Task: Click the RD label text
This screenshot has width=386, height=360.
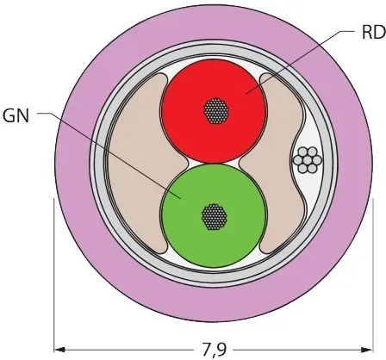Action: (x=373, y=32)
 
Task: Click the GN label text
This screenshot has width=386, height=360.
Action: (x=16, y=116)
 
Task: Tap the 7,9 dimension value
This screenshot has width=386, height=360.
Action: (x=213, y=350)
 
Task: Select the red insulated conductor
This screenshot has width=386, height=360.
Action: (x=214, y=111)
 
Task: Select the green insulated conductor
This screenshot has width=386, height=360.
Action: (x=214, y=216)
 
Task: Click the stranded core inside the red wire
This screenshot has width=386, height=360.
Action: (x=216, y=111)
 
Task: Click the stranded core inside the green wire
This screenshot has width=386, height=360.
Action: (x=215, y=217)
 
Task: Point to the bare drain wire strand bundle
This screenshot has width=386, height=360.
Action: (x=307, y=160)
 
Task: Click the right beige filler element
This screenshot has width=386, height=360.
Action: (x=276, y=164)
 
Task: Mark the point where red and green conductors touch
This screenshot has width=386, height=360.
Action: (x=214, y=164)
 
